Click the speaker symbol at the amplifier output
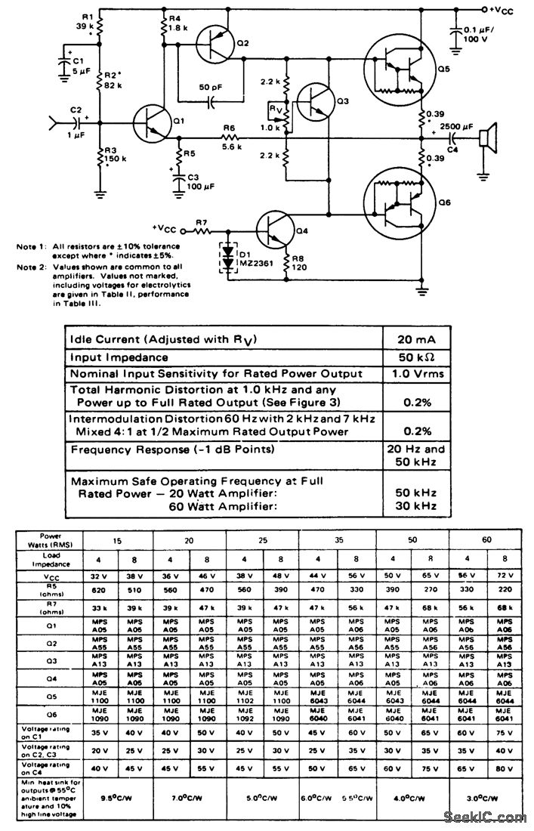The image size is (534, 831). click(486, 138)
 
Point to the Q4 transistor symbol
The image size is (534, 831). click(273, 227)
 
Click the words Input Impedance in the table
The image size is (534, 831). click(119, 357)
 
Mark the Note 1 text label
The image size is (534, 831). click(30, 246)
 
